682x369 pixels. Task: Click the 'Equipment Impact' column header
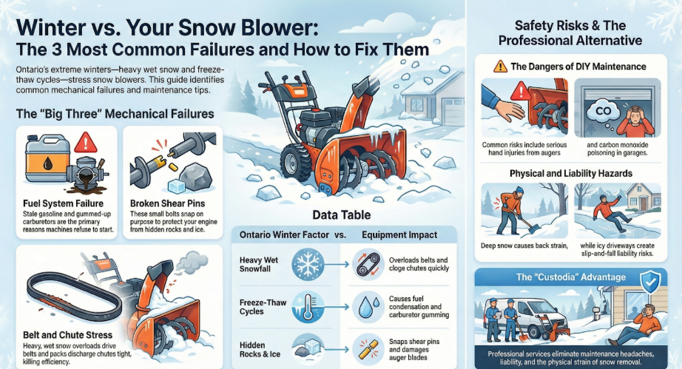click(x=399, y=234)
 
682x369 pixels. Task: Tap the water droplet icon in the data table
click(x=366, y=307)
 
